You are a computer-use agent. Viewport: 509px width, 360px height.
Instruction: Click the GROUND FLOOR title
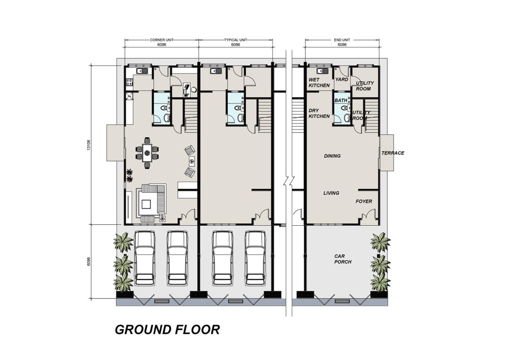point(167,329)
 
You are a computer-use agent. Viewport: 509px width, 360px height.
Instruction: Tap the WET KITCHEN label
point(319,82)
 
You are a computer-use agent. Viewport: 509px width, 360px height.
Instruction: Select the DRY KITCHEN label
point(319,113)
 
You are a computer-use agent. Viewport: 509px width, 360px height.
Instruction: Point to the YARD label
point(342,79)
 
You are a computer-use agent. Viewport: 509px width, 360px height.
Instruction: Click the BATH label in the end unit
point(341,100)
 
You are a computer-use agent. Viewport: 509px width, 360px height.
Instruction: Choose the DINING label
point(332,156)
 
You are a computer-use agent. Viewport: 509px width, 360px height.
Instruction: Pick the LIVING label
point(331,193)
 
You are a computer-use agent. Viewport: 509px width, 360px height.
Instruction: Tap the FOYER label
point(363,201)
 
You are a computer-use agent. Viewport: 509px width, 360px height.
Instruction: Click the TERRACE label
point(393,153)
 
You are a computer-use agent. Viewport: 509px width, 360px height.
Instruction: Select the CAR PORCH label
point(343,259)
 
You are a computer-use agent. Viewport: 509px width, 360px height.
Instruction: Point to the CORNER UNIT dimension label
point(162,40)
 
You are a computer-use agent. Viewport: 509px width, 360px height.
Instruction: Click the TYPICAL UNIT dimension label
point(236,40)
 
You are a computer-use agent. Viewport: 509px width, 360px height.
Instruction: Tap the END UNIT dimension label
point(342,40)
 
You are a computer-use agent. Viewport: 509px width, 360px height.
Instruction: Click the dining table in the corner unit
point(147,153)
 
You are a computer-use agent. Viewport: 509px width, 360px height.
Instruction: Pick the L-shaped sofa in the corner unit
point(152,202)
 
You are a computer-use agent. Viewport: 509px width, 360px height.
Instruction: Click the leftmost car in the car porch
point(145,258)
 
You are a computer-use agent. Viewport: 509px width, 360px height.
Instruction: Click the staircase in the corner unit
point(191,116)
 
